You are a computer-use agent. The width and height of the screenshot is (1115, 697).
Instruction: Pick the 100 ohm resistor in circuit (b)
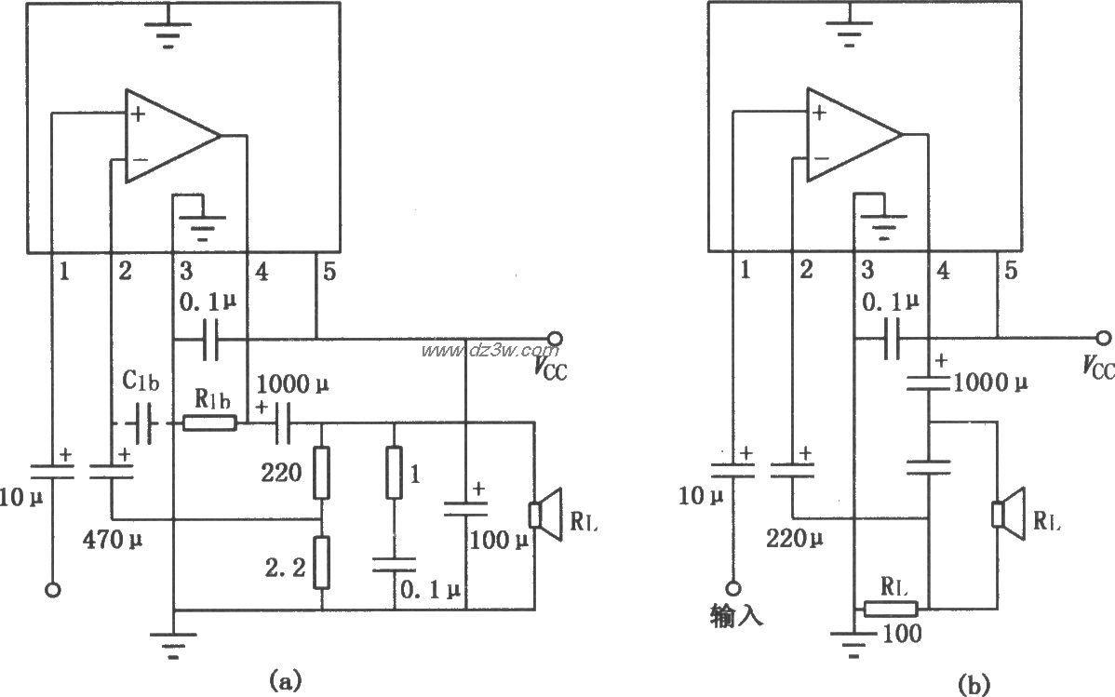(x=891, y=610)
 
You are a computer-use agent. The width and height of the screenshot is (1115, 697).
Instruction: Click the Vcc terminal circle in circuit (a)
(x=555, y=338)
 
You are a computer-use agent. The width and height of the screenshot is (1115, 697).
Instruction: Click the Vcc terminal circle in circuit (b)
(x=1103, y=338)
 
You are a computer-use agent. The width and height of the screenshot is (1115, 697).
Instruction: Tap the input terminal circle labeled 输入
(x=734, y=588)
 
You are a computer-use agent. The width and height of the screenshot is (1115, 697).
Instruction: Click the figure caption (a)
(x=285, y=679)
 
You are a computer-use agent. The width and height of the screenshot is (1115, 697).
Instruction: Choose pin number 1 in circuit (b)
(x=745, y=271)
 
